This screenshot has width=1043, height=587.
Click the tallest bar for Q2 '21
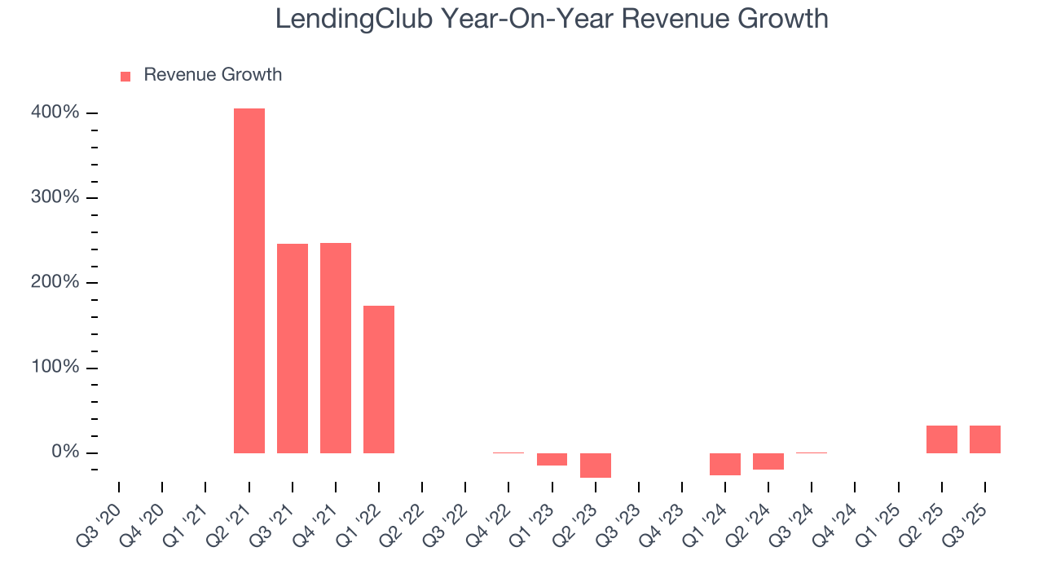[x=249, y=280]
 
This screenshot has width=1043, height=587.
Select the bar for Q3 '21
[x=293, y=348]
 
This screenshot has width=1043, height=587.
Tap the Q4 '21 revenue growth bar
[x=336, y=347]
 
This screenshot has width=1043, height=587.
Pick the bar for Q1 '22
[x=379, y=379]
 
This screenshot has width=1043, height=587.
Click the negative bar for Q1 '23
[x=552, y=459]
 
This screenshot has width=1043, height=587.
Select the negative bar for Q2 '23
[x=595, y=465]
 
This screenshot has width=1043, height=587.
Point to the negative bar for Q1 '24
[x=725, y=464]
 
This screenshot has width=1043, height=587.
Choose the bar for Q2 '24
[x=768, y=461]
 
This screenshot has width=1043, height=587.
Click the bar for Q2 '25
[x=942, y=439]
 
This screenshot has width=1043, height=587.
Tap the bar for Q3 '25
[x=985, y=439]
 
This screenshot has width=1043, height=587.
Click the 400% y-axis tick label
[x=55, y=113]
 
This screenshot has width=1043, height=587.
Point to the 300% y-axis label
[x=55, y=197]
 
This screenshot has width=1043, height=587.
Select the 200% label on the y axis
[x=55, y=283]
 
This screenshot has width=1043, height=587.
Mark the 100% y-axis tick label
[x=55, y=368]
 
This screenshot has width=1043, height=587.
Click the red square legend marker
[x=125, y=76]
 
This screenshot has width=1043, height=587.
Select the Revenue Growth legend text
[x=213, y=75]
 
